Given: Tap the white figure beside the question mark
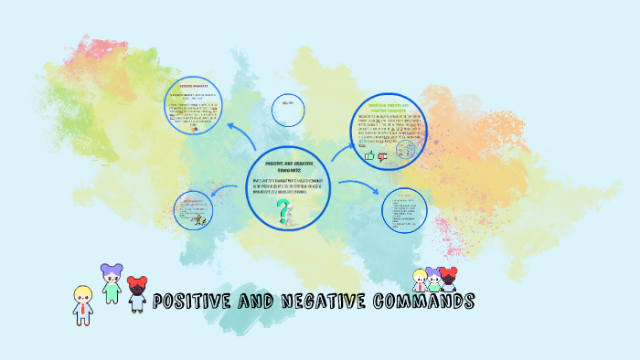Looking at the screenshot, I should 290,216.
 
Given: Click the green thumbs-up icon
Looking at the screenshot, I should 369,156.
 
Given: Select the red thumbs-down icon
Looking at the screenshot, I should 382,156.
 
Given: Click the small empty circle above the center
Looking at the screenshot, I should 288,107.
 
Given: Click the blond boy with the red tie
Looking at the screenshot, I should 83,305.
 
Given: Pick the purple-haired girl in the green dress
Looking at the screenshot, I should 112,284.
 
